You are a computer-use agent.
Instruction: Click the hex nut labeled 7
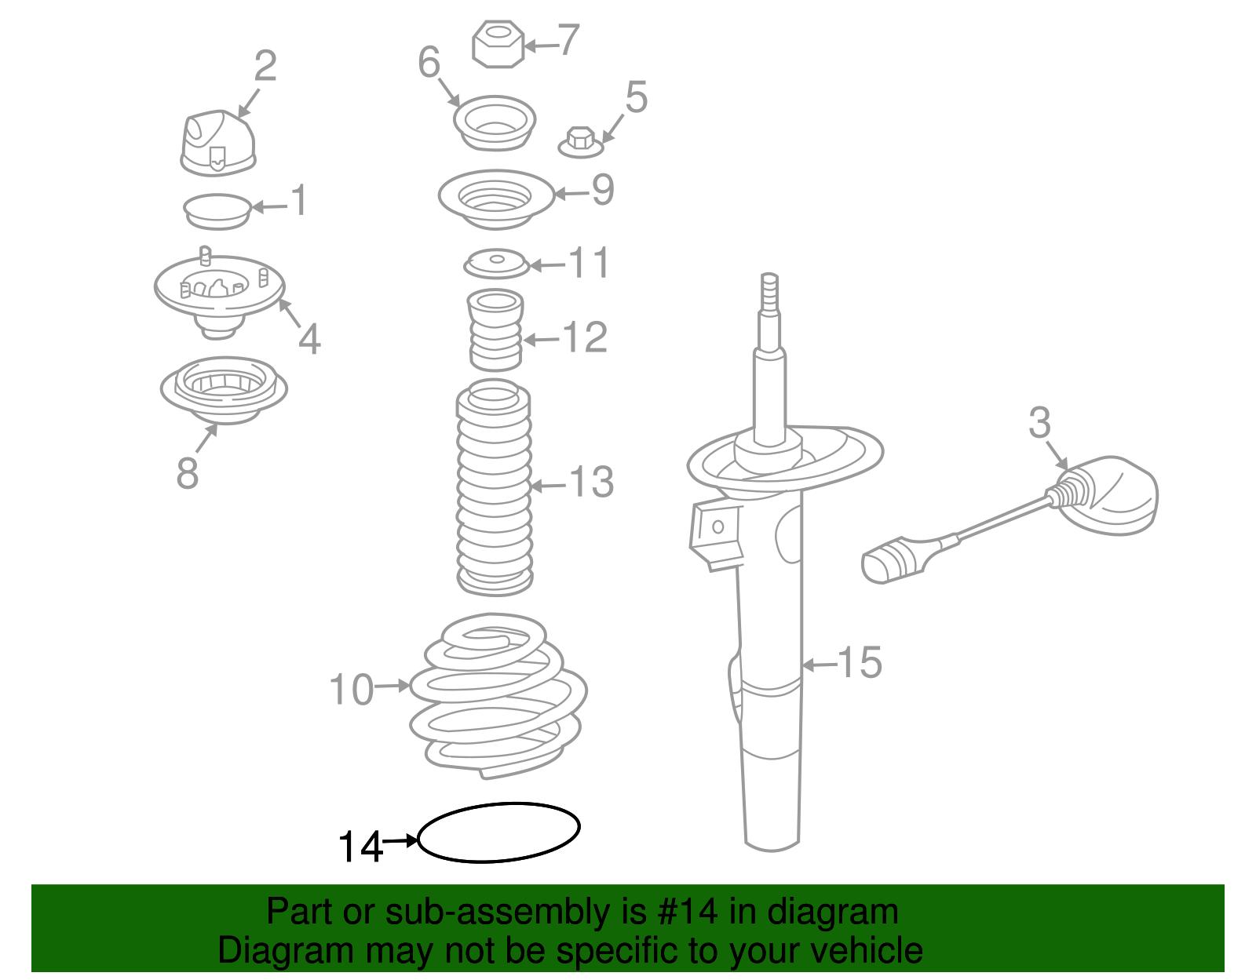click(x=498, y=44)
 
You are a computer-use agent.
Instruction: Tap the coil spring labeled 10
click(x=498, y=697)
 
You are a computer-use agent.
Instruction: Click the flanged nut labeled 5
click(x=581, y=142)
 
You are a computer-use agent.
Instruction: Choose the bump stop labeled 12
click(x=495, y=330)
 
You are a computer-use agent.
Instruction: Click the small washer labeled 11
click(x=496, y=264)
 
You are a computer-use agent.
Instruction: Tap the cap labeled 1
click(x=217, y=211)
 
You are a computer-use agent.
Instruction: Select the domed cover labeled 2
click(x=218, y=144)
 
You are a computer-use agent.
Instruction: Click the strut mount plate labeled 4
click(x=219, y=293)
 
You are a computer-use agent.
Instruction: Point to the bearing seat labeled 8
click(x=224, y=390)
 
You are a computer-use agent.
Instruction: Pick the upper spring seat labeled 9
click(x=496, y=199)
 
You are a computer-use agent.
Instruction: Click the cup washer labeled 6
click(x=495, y=123)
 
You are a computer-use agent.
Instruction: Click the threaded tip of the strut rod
click(x=769, y=293)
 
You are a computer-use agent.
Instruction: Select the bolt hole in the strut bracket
click(x=717, y=526)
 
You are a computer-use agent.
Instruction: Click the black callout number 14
click(x=360, y=847)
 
